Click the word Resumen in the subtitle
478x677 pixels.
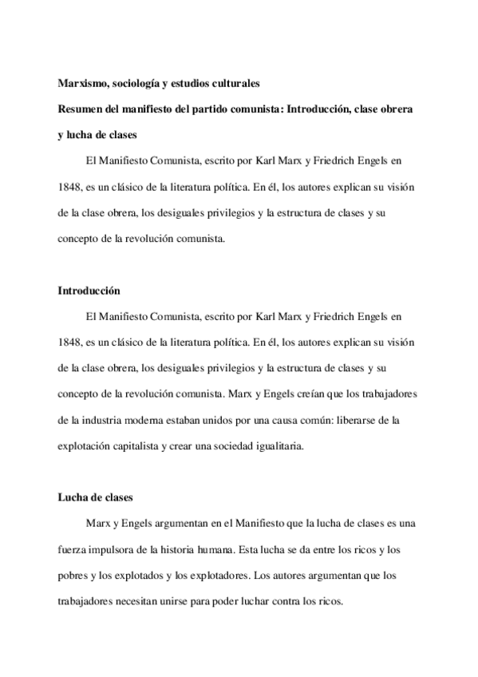[x=79, y=107]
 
